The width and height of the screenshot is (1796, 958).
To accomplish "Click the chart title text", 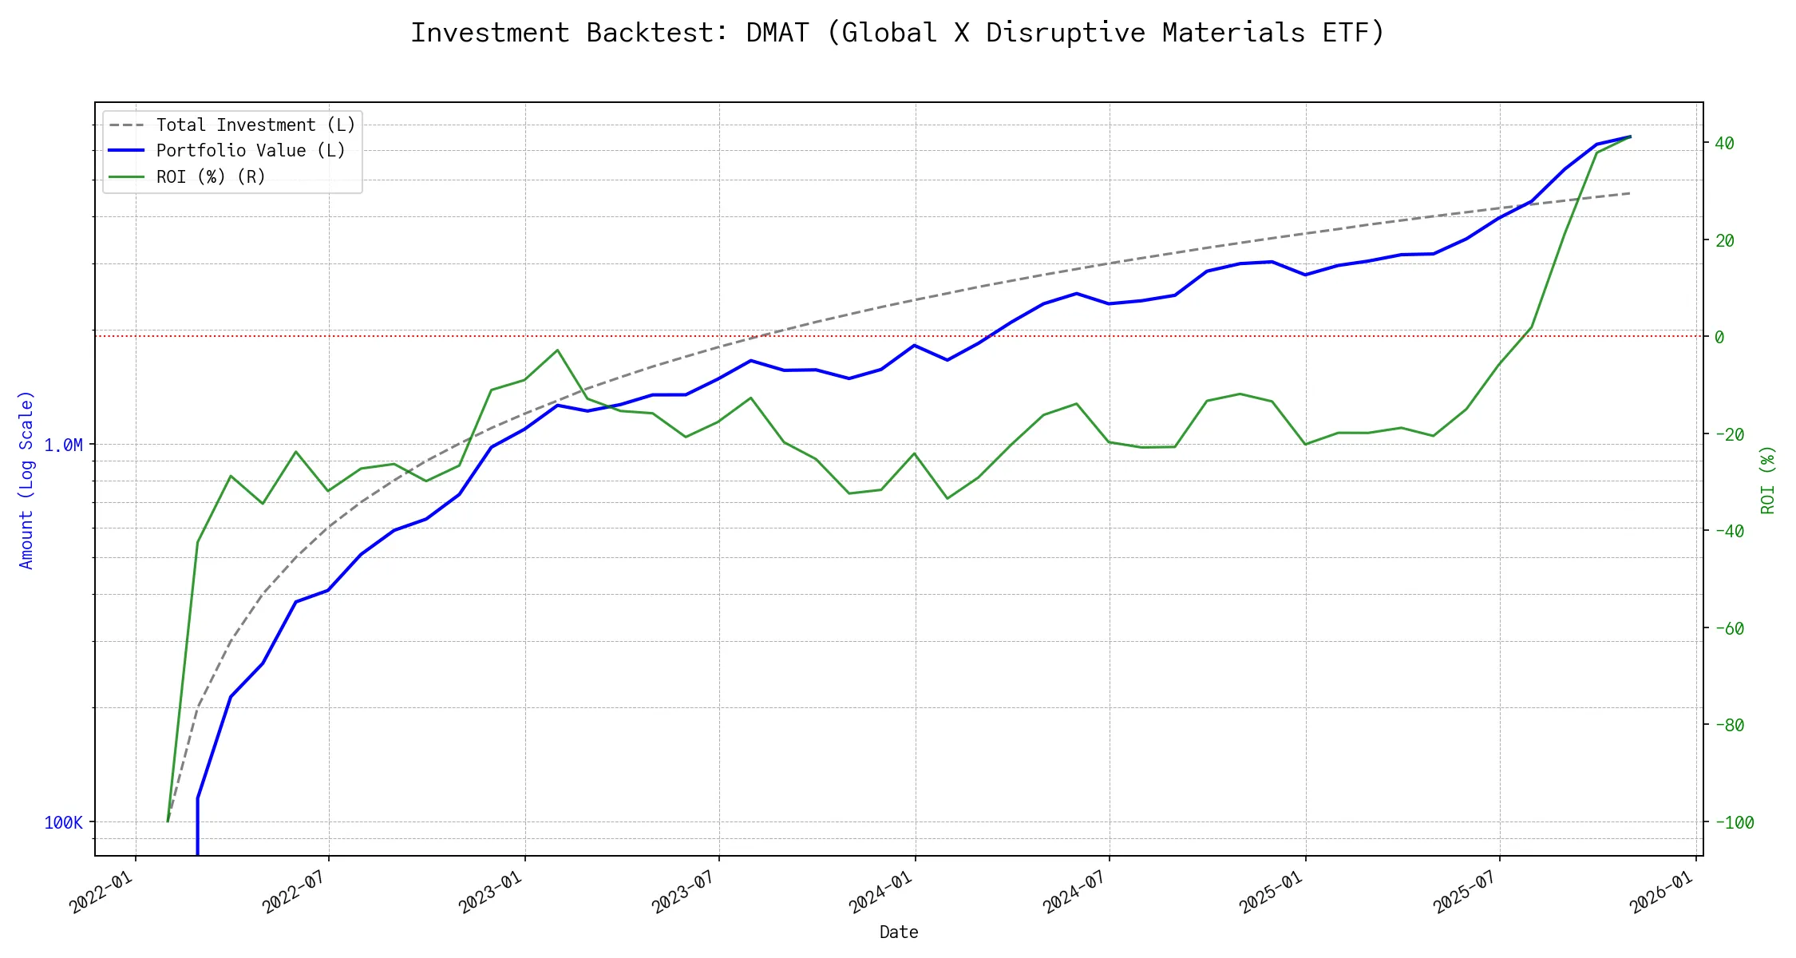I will click(x=897, y=33).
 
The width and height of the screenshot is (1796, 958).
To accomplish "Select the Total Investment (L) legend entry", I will click(x=255, y=125).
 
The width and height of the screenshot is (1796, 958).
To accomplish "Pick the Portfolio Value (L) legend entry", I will click(x=251, y=151).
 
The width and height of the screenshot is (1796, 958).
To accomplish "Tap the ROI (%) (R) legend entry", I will click(x=211, y=176).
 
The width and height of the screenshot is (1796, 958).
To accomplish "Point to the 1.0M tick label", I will click(x=63, y=445).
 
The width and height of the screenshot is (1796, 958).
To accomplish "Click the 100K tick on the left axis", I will click(x=63, y=823).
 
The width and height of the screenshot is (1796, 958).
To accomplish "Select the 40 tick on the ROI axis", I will click(x=1725, y=144).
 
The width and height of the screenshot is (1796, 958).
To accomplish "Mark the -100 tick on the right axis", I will click(x=1734, y=823).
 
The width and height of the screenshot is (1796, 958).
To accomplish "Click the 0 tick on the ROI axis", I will click(x=1719, y=337).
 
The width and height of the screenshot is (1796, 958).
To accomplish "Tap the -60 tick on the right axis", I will click(x=1729, y=629).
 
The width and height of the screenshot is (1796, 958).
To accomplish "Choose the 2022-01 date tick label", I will click(x=101, y=893).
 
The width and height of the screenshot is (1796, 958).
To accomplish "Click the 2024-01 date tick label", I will click(x=880, y=893).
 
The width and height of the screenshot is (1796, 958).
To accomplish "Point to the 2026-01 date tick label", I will click(x=1661, y=893).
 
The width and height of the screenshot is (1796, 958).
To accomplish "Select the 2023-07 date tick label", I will click(x=683, y=893).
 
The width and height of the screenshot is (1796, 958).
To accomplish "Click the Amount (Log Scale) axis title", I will click(x=26, y=480).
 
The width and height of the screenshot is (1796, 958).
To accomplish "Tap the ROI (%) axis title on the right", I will click(x=1767, y=480).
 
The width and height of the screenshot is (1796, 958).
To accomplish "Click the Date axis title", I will click(x=899, y=932).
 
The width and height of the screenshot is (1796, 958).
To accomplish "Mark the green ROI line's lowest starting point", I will click(x=168, y=821).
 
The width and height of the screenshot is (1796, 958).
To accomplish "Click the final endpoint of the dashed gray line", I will click(x=1630, y=193).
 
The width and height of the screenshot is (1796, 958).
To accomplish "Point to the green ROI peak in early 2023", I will click(x=557, y=350).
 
